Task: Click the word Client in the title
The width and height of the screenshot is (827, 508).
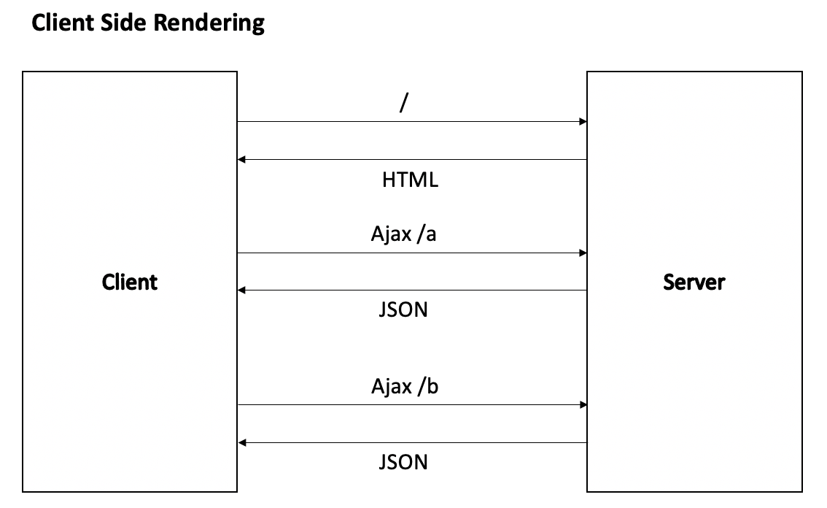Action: click(63, 23)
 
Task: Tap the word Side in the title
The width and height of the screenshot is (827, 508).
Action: click(123, 23)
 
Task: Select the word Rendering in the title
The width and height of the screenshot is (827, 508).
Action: click(209, 24)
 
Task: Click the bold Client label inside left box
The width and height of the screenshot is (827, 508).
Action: click(129, 282)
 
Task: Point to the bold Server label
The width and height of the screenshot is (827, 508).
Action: click(694, 282)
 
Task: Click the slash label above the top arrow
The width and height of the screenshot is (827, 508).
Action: click(404, 102)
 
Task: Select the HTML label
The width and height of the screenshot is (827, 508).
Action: click(410, 180)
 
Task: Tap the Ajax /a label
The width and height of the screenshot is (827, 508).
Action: click(403, 234)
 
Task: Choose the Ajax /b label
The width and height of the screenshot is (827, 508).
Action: click(405, 387)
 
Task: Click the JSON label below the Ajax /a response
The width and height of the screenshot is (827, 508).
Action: click(403, 309)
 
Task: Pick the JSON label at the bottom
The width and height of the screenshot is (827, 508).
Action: click(403, 462)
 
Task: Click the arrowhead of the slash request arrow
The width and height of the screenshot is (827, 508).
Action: click(583, 121)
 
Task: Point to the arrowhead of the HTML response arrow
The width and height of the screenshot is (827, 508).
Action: click(241, 159)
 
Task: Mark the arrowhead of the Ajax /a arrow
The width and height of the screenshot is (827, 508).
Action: click(583, 253)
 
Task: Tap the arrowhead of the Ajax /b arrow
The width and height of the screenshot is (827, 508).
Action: click(583, 405)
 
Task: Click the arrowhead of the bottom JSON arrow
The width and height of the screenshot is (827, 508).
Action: click(242, 442)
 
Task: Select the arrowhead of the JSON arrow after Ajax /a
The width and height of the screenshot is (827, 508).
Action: click(241, 290)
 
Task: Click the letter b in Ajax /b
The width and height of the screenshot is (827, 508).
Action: click(433, 386)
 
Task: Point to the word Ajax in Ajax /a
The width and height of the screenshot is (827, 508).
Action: click(391, 234)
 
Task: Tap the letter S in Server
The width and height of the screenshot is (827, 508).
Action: click(669, 282)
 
